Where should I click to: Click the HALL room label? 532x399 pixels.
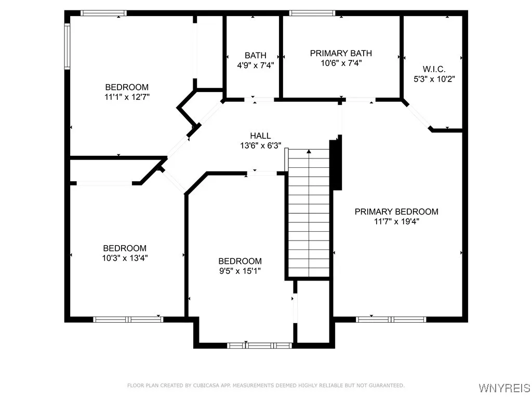(260, 136)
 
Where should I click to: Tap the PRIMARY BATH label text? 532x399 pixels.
(341, 54)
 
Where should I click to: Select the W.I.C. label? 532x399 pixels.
(433, 70)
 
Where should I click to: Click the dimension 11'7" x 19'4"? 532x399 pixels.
(396, 221)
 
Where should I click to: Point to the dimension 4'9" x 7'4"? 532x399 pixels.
(256, 65)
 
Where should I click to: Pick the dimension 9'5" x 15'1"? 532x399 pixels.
(240, 271)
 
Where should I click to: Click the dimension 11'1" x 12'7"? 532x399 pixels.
(127, 97)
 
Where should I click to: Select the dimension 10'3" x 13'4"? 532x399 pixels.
(124, 258)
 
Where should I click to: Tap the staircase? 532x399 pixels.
(309, 213)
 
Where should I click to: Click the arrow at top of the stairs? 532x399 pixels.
(309, 152)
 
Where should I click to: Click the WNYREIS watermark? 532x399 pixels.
(504, 388)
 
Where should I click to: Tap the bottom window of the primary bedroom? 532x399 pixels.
(391, 320)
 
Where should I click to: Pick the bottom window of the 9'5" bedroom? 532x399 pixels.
(260, 345)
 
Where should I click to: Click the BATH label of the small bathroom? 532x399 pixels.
(256, 56)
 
